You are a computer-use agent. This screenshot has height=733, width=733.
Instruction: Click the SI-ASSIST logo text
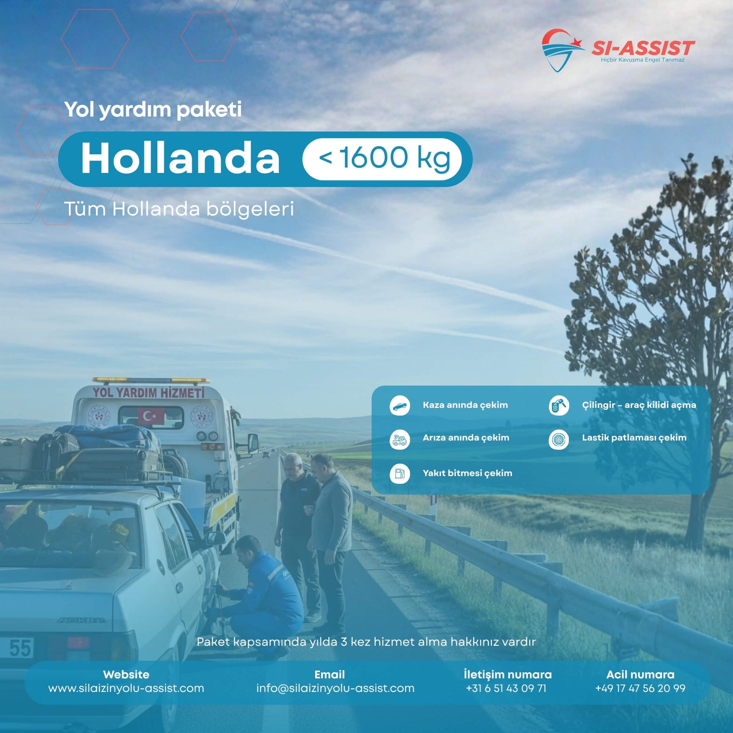[x=643, y=49]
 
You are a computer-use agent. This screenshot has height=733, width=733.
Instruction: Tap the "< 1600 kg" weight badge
[x=382, y=159]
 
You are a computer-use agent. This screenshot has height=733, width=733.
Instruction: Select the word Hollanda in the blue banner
[x=180, y=159]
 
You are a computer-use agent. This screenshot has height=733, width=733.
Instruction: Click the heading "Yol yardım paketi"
[x=153, y=110]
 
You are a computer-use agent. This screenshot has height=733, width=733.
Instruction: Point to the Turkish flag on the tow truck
[x=151, y=417]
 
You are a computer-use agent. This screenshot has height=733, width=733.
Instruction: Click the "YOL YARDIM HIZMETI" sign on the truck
[x=149, y=392]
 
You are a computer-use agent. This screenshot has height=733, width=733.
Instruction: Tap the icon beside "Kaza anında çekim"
[x=400, y=406]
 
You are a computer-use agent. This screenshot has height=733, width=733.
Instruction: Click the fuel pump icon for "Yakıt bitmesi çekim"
[x=400, y=474]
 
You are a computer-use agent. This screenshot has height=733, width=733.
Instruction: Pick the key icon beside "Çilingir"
[x=559, y=406]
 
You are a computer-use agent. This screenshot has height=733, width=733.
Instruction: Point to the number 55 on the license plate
[x=20, y=647]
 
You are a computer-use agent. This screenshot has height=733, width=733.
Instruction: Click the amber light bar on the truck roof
[x=151, y=380]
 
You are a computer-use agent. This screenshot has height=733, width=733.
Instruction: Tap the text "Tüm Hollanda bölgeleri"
[x=179, y=209]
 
